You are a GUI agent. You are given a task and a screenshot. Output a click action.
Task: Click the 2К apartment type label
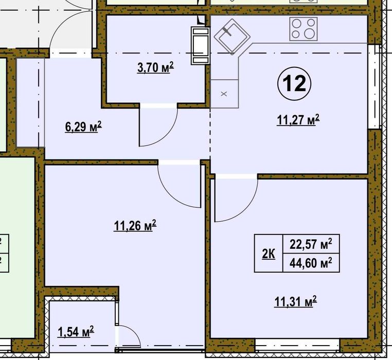pyautogui.click(x=269, y=254)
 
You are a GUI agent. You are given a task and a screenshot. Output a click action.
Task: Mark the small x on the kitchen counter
pyautogui.click(x=224, y=94)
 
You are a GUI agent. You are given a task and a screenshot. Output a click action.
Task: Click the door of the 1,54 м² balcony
pyautogui.click(x=129, y=337)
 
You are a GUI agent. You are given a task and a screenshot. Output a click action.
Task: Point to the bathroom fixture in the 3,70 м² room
pyautogui.click(x=200, y=46)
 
